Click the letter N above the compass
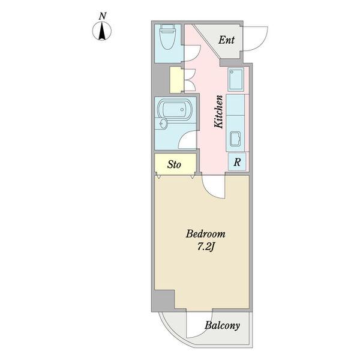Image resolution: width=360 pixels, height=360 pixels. tap(103, 17)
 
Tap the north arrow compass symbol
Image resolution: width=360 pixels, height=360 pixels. tap(102, 31)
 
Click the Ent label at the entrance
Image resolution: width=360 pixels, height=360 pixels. tap(226, 40)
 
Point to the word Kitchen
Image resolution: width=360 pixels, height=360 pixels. tap(218, 112)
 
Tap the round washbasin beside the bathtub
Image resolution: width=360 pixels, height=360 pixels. tap(163, 124)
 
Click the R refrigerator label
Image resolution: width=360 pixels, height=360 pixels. tap(237, 162)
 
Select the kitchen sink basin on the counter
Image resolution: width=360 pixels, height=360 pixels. tap(235, 139)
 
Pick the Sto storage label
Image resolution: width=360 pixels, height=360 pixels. tap(174, 164)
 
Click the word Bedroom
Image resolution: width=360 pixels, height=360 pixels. tap(205, 234)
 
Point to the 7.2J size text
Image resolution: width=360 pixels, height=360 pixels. tap(206, 247)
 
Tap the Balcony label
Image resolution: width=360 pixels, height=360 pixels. tap(222, 326)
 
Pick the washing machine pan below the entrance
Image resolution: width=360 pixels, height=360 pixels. tap(236, 79)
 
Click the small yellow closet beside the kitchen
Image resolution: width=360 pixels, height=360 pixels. tap(176, 80)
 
